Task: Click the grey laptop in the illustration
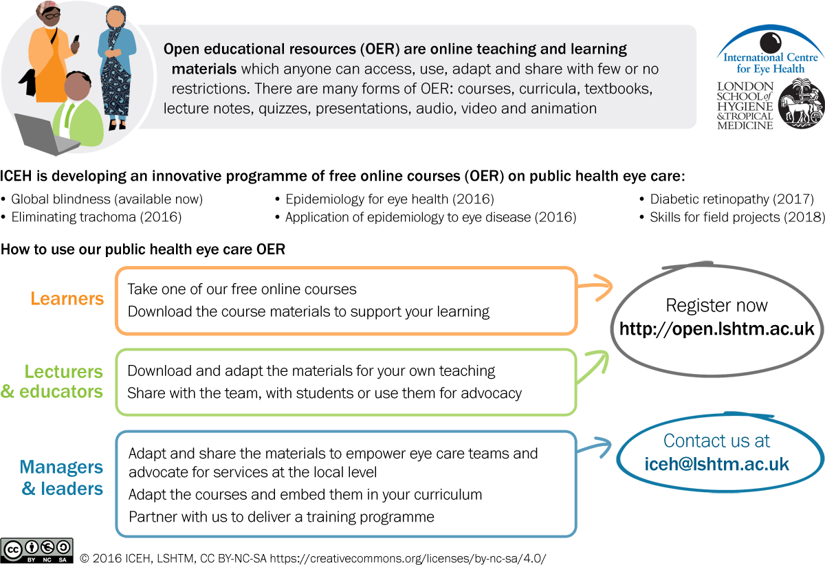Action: pyautogui.click(x=43, y=134)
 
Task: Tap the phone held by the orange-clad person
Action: pyautogui.click(x=76, y=41)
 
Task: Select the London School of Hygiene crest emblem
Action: pyautogui.click(x=800, y=104)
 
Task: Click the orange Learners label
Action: pyautogui.click(x=67, y=299)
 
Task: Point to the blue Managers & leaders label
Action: pyautogui.click(x=62, y=478)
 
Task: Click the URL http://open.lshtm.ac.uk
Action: pyautogui.click(x=716, y=329)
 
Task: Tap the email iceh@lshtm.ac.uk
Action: pyautogui.click(x=716, y=464)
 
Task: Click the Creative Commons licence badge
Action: pyautogui.click(x=37, y=551)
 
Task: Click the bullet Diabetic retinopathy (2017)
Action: pyautogui.click(x=731, y=199)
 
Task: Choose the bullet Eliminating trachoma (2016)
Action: pyautogui.click(x=96, y=217)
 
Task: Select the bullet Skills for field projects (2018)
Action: pyautogui.click(x=736, y=217)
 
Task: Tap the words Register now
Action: pyautogui.click(x=716, y=305)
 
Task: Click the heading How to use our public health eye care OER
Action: pyautogui.click(x=143, y=250)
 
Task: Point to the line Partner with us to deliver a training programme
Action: pyautogui.click(x=281, y=516)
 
